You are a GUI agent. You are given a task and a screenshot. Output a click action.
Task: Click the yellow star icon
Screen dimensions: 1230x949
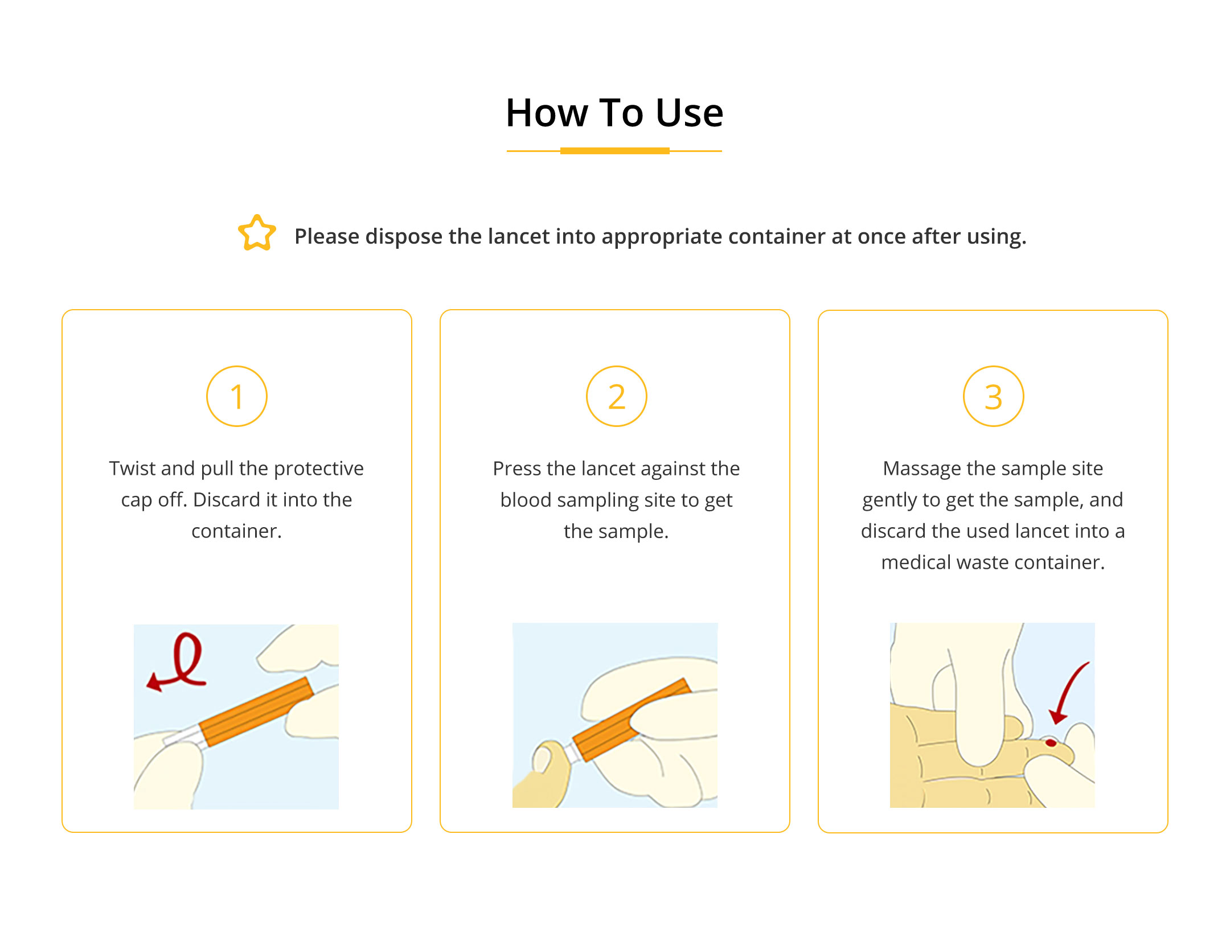(257, 233)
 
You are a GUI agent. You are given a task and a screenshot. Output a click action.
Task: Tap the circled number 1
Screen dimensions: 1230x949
(237, 396)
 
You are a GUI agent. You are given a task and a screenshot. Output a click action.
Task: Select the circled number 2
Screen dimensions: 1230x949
(617, 396)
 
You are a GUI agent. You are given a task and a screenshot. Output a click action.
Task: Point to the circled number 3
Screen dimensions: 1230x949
(994, 396)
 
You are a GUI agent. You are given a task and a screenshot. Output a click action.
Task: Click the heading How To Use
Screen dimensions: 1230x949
(614, 113)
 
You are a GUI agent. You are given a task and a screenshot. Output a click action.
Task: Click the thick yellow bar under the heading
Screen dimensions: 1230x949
(615, 151)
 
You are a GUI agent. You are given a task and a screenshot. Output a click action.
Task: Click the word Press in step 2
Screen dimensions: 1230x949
(517, 469)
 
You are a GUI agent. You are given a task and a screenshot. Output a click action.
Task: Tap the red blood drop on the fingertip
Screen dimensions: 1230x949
(1051, 742)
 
